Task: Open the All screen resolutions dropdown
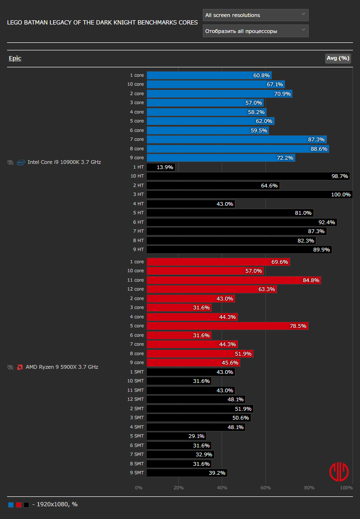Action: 256,15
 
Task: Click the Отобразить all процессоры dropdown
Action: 256,31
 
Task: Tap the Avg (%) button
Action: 338,58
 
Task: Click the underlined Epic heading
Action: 15,58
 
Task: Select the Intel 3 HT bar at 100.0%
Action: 249,195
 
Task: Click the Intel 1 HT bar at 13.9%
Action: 161,167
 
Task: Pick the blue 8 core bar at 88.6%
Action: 238,149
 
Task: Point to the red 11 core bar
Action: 234,280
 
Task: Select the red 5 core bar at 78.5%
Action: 228,326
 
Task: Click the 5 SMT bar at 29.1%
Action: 176,436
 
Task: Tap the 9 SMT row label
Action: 137,473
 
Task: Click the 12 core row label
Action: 136,289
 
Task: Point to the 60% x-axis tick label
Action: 265,487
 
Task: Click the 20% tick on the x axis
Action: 179,487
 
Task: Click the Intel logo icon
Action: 21,162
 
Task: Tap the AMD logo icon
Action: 20,367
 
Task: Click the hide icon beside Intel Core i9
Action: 10,162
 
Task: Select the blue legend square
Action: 11,505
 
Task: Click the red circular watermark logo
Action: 339,471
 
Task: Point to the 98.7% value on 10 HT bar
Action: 340,177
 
